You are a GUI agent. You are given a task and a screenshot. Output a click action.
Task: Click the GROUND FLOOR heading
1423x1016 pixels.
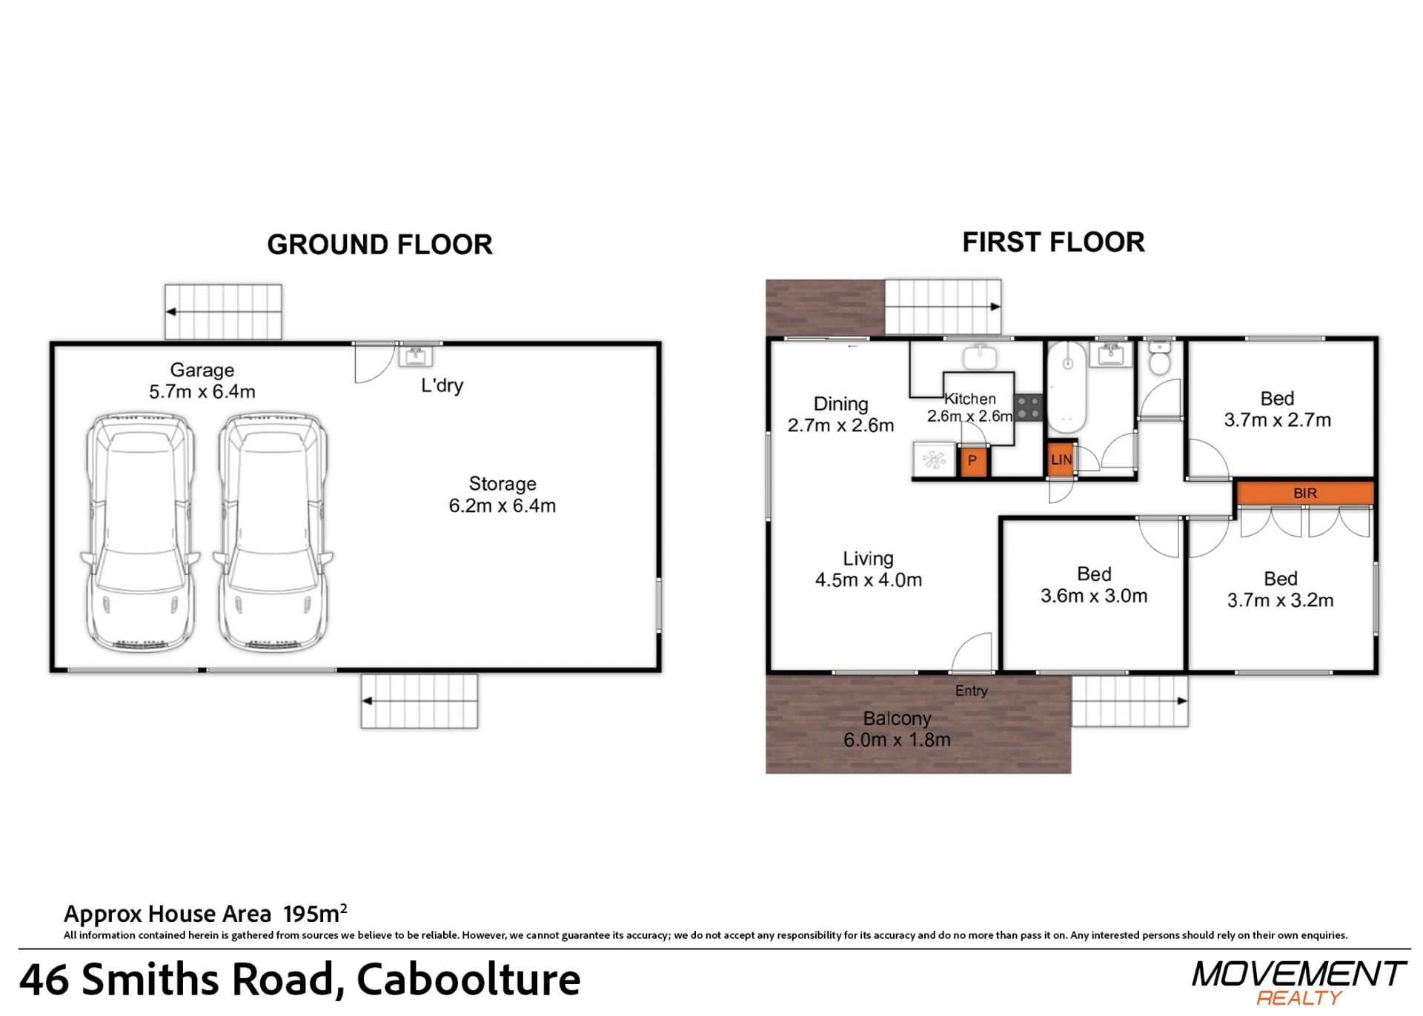click(x=379, y=245)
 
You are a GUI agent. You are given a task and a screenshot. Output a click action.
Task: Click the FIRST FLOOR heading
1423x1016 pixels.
click(x=1053, y=242)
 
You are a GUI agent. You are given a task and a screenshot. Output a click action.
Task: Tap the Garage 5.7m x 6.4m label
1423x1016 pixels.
click(x=202, y=381)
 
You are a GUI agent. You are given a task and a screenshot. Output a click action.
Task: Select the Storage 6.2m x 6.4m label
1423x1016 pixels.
click(x=502, y=495)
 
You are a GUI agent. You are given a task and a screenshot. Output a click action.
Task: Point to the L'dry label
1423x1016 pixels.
click(x=442, y=385)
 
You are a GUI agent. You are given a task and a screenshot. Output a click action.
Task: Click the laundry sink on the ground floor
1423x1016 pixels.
click(x=416, y=356)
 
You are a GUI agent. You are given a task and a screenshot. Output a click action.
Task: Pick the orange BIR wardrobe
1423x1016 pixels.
click(x=1304, y=493)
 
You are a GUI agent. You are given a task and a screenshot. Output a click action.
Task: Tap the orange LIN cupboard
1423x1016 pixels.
click(x=1061, y=459)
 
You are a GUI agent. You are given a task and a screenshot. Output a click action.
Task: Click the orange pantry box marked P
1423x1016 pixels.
click(x=972, y=461)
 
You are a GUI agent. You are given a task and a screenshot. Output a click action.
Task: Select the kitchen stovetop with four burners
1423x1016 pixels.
click(x=1028, y=408)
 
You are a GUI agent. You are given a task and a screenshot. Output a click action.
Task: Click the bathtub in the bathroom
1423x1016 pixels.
click(x=1067, y=388)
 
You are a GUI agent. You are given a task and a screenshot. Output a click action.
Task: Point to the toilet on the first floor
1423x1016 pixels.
click(x=1159, y=356)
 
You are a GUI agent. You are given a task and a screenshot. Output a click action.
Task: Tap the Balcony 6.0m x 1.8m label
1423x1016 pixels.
click(x=897, y=729)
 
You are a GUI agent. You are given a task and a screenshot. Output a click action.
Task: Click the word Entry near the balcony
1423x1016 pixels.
click(x=971, y=691)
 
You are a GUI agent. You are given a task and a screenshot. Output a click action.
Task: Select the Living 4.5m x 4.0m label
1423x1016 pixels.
click(x=869, y=569)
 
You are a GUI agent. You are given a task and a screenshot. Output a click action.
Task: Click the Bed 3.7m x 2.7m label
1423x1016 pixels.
click(x=1278, y=409)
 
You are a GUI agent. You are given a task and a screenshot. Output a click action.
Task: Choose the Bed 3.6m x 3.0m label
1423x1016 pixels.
click(x=1094, y=585)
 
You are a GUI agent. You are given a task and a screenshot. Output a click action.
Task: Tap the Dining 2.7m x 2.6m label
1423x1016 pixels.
click(x=840, y=414)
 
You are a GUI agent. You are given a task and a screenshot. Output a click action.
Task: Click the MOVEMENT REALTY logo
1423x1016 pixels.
click(x=1298, y=983)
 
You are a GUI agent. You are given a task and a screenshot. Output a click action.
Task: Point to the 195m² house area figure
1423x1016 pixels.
click(x=315, y=913)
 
